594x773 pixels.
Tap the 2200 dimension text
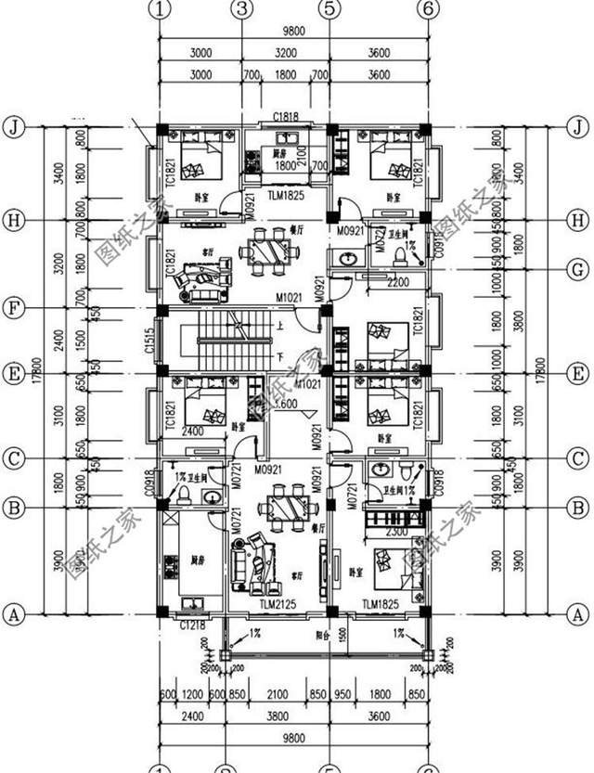pos(396,281)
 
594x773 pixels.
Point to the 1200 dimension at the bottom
pos(192,694)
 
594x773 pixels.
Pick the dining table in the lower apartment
pos(285,507)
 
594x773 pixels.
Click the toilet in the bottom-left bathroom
pos(184,493)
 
